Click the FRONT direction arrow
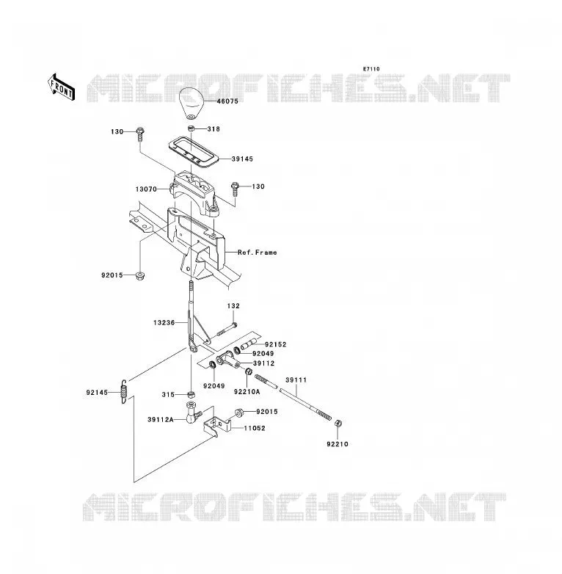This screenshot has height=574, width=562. [x=62, y=87]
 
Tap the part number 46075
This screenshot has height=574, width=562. [x=227, y=101]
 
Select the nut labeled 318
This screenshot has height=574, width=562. [x=191, y=128]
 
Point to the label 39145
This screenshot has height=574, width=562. [x=242, y=159]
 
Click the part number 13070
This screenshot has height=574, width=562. [x=146, y=189]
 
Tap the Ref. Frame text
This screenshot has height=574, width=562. [x=258, y=253]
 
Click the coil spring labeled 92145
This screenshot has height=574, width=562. [x=124, y=391]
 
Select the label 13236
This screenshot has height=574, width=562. [x=164, y=323]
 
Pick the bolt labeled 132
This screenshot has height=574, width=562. [x=227, y=329]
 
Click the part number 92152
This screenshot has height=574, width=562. [x=276, y=344]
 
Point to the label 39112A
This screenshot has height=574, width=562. [x=161, y=420]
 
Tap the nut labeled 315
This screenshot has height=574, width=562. [x=190, y=395]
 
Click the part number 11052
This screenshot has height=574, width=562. [x=255, y=429]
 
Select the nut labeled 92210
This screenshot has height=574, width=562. [x=338, y=424]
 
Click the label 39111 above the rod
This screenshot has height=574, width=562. [x=296, y=380]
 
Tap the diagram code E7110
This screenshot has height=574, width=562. [x=371, y=69]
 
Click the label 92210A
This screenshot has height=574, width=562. [x=247, y=392]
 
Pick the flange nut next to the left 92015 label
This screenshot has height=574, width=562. [x=139, y=276]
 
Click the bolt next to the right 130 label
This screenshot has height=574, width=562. [x=235, y=189]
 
